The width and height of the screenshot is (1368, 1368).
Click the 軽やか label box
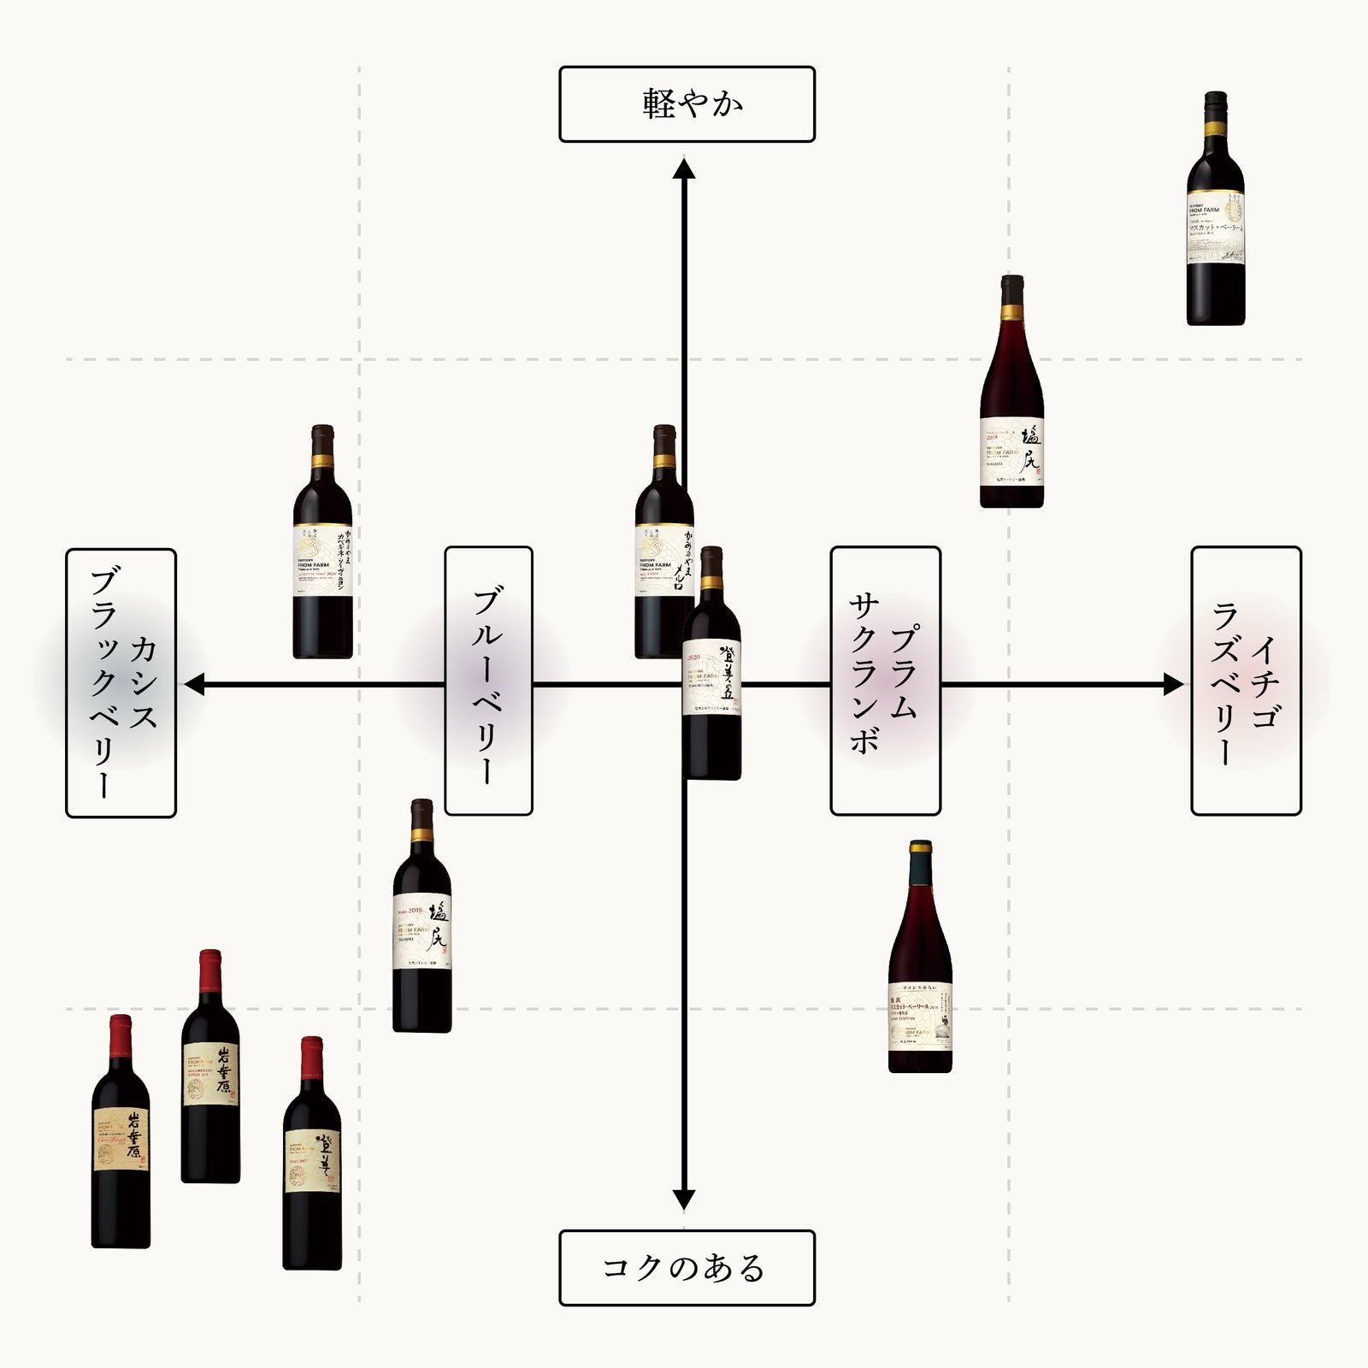pyautogui.click(x=687, y=104)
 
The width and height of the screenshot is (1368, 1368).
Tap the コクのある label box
pyautogui.click(x=687, y=1268)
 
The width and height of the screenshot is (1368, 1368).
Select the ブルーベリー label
pyautogui.click(x=488, y=681)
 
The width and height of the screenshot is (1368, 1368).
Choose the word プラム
pyautogui.click(x=905, y=672)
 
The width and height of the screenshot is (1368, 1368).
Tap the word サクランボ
pyautogui.click(x=864, y=675)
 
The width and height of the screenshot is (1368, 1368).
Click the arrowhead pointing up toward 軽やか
pyautogui.click(x=683, y=167)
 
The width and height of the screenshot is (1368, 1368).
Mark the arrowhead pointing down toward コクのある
pyautogui.click(x=683, y=1200)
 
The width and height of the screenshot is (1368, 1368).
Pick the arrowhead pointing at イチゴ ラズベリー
pyautogui.click(x=1173, y=684)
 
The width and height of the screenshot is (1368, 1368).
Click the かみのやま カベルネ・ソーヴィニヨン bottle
pyautogui.click(x=322, y=547)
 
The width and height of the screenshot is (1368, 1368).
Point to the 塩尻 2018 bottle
pyautogui.click(x=422, y=919)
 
